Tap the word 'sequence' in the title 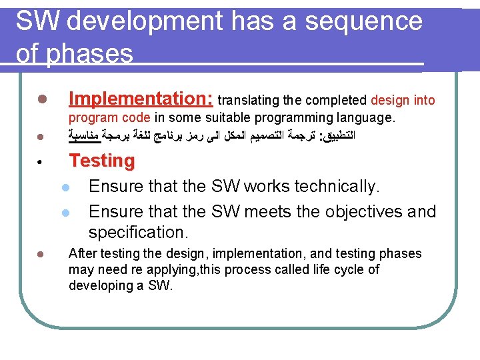[363, 22]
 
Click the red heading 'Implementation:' [141, 99]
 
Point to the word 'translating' [249, 101]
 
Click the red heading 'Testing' [102, 161]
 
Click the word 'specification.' [139, 233]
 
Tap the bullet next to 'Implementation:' [41, 100]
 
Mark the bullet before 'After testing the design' [41, 254]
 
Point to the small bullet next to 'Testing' [41, 162]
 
